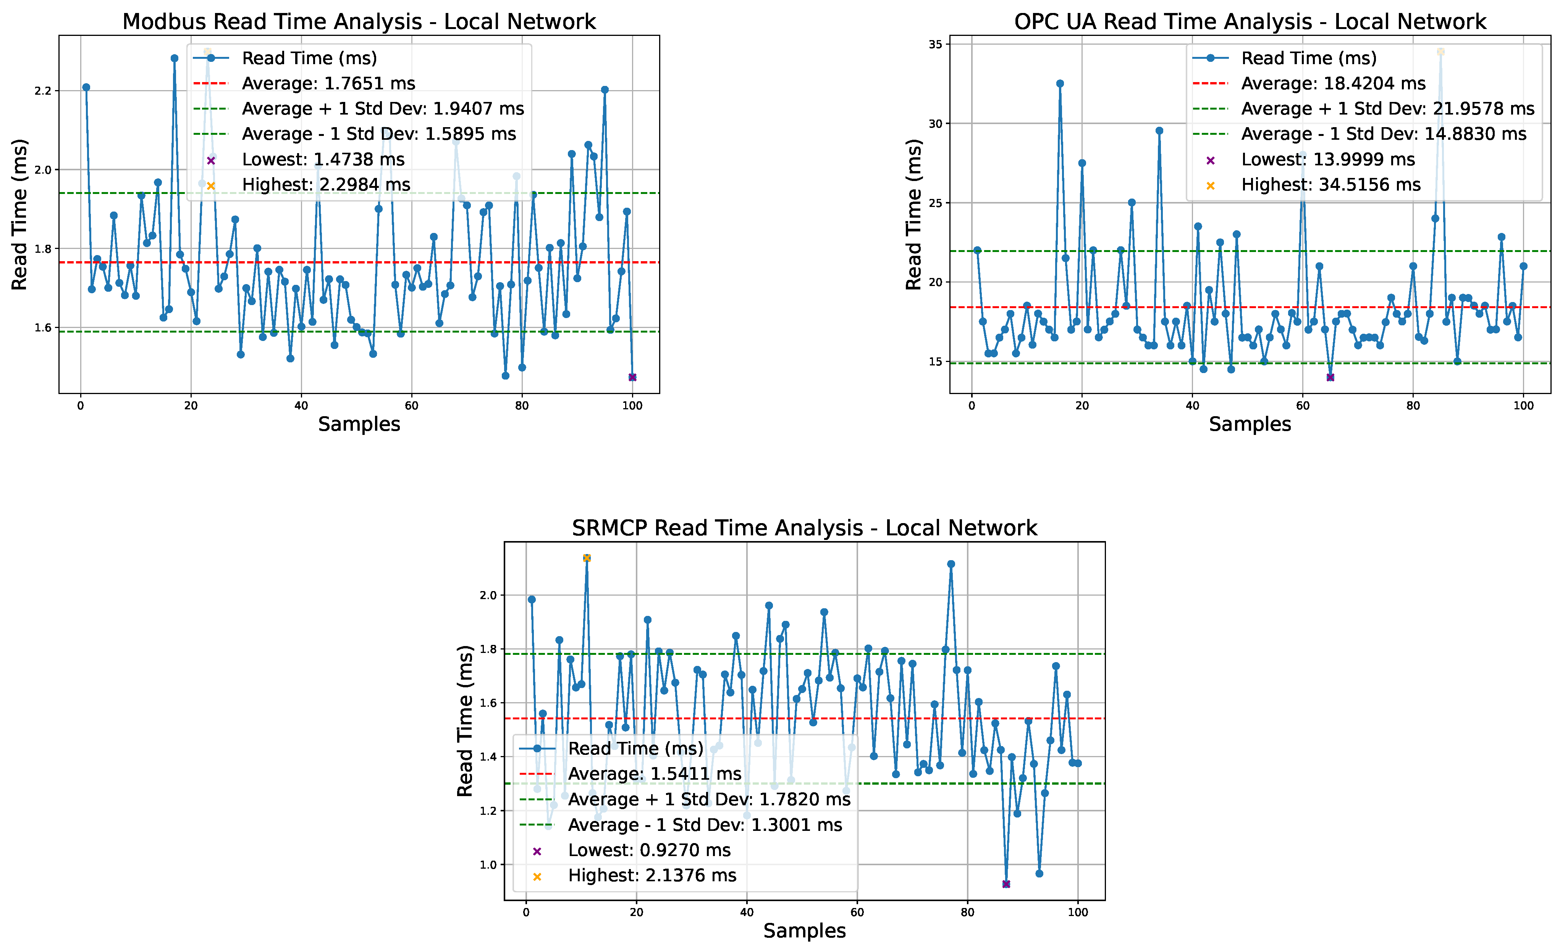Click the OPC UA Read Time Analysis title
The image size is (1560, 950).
(1250, 21)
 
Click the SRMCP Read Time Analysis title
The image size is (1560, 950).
(804, 528)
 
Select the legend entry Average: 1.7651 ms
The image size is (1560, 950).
(328, 84)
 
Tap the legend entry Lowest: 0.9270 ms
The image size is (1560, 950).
(649, 850)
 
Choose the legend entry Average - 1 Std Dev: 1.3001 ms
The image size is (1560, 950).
(705, 825)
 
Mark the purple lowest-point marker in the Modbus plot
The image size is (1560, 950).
(632, 377)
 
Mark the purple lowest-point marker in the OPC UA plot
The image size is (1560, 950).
(1330, 377)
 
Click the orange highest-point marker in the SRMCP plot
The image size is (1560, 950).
(586, 557)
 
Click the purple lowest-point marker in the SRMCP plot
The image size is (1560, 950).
(1006, 884)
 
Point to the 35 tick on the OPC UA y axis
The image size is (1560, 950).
(935, 44)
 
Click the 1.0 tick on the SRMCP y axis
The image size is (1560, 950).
(488, 864)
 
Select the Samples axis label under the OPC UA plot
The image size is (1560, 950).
(1250, 424)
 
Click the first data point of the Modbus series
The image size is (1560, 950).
(86, 87)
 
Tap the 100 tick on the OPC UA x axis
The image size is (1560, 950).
(1523, 406)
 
